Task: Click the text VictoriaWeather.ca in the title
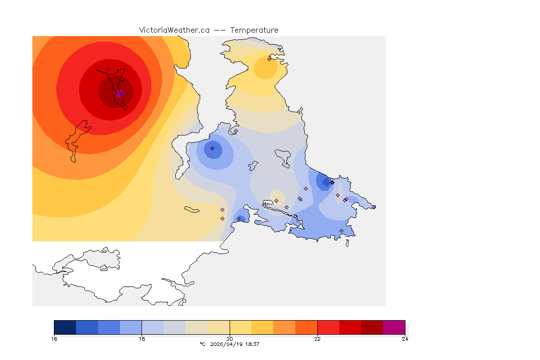[174, 30]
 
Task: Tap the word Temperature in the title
[254, 30]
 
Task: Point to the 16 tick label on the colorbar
[54, 339]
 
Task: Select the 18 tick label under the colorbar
[142, 339]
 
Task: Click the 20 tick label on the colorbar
[230, 339]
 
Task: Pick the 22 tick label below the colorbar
[317, 339]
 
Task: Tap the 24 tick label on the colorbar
[405, 339]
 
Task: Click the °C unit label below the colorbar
[202, 344]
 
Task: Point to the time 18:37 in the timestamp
[252, 344]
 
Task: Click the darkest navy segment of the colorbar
[65, 327]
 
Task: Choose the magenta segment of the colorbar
[394, 327]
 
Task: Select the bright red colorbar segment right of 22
[328, 327]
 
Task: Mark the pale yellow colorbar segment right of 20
[240, 327]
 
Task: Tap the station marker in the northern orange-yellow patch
[269, 59]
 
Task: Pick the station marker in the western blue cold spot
[212, 148]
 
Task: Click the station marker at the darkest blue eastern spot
[332, 182]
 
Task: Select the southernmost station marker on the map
[341, 231]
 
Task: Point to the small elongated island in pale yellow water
[192, 209]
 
